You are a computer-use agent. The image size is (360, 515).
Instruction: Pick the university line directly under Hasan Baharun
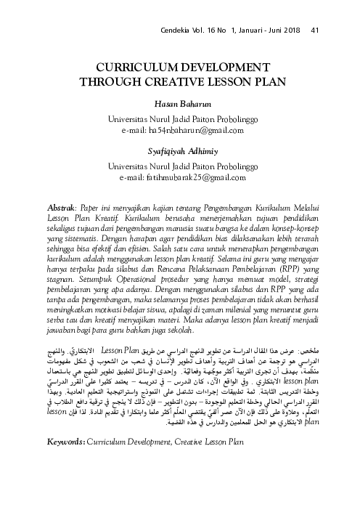coord(179,118)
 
